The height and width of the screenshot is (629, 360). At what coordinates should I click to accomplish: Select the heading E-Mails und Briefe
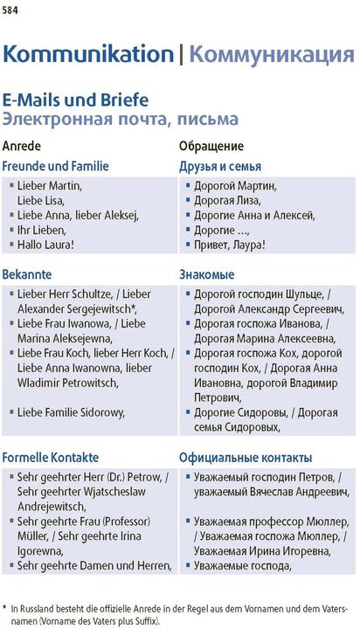(75, 100)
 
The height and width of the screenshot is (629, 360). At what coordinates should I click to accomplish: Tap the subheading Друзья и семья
(220, 166)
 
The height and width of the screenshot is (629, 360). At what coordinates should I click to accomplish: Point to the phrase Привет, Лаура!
(230, 245)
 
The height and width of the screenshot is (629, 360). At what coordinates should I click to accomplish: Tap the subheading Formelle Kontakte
(51, 457)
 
